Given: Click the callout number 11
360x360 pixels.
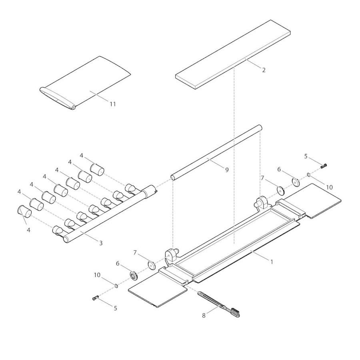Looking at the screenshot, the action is click(112, 104).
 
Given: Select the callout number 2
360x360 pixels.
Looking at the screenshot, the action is click(264, 70).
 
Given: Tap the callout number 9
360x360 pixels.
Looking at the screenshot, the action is click(227, 170).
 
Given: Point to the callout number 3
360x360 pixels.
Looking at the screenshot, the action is click(101, 243).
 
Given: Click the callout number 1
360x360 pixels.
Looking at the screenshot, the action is click(272, 262).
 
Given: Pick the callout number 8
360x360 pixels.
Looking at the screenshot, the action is click(204, 316).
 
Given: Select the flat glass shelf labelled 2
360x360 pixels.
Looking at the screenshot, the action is click(233, 54).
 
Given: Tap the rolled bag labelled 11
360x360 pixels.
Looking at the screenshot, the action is click(86, 83).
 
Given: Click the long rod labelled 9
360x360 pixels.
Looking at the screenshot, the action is click(216, 153).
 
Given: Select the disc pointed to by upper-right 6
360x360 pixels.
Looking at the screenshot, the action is click(296, 182).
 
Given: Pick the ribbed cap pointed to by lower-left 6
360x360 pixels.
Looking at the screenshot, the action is click(134, 276).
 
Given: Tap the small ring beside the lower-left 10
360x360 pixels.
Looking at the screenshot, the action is click(116, 285).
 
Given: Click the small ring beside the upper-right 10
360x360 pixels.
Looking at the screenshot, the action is click(309, 175).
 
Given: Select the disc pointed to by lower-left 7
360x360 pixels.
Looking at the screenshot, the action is click(152, 266).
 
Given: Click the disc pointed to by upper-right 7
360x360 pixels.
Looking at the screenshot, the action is click(280, 190).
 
